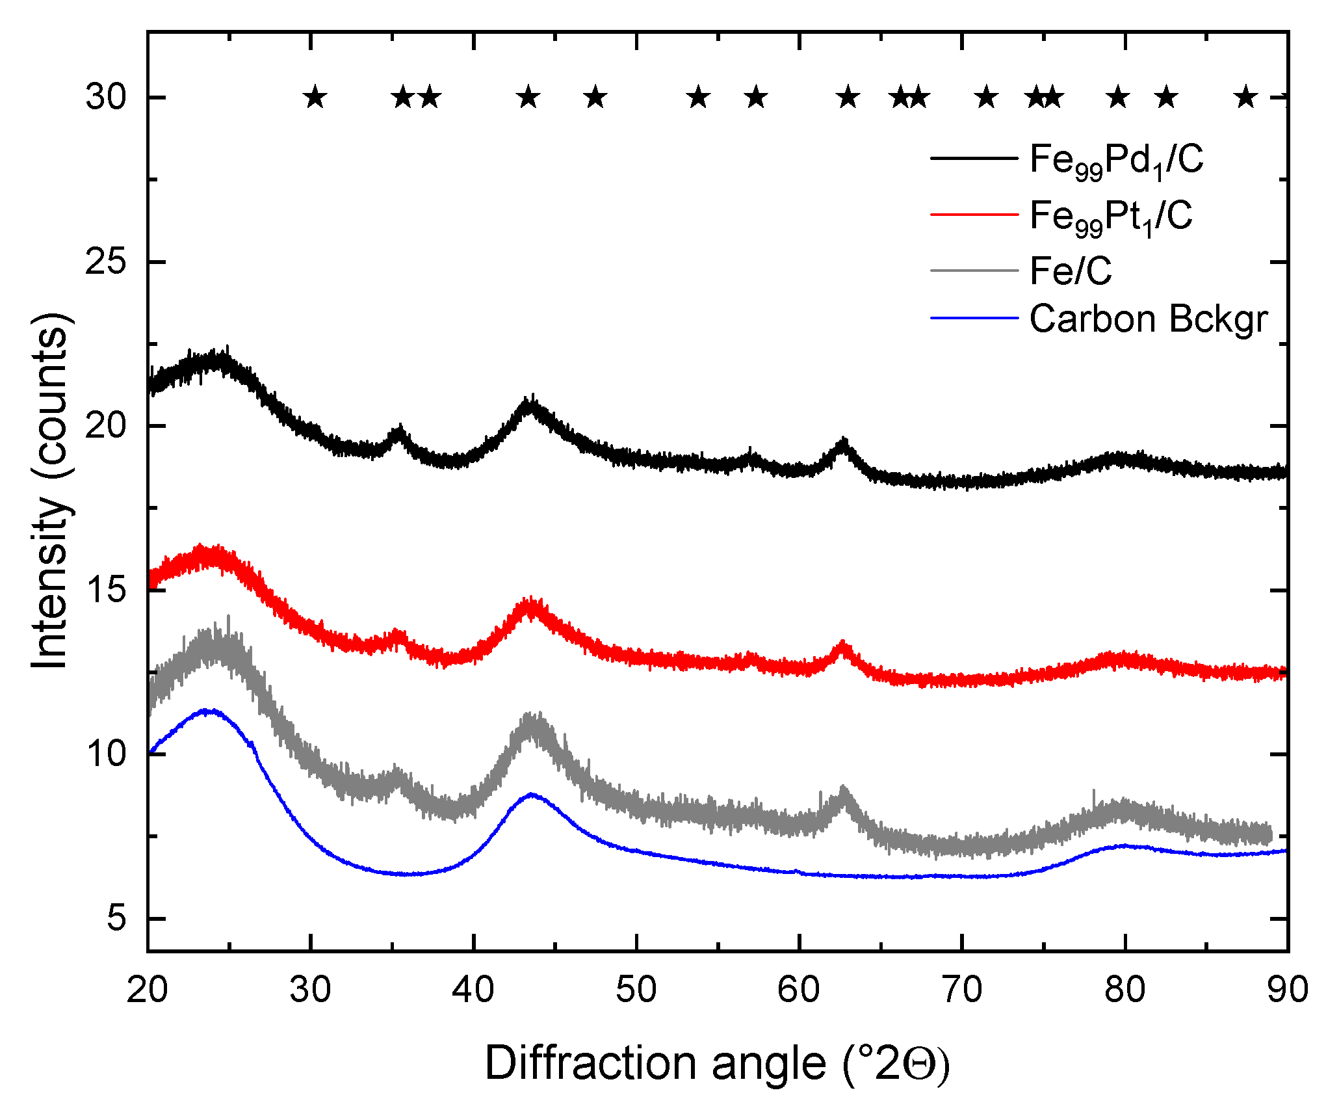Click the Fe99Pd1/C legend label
[x=1116, y=160]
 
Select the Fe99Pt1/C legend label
[x=1111, y=216]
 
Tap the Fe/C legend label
[x=1071, y=271]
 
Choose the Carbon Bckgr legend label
[x=1149, y=319]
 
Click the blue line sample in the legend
[x=973, y=319]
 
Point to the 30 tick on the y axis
[x=105, y=98]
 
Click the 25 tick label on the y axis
[x=105, y=262]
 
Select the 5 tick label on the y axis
[x=116, y=918]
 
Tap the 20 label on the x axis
[x=148, y=990]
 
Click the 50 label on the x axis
[x=636, y=990]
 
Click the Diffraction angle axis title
[x=717, y=1063]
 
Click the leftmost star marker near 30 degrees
[x=315, y=98]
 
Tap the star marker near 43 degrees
[x=528, y=98]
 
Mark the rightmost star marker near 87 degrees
[x=1245, y=98]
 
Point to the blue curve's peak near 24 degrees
[x=208, y=711]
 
